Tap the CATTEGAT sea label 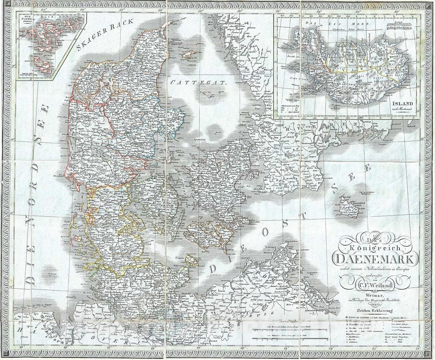tap(199, 82)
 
